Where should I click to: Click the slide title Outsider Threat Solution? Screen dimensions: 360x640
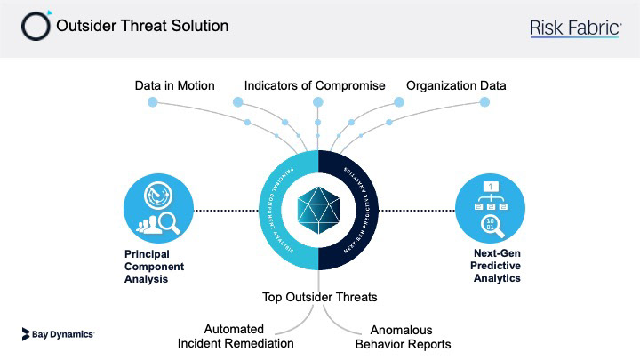(x=142, y=26)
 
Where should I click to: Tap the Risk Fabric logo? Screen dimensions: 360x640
(x=575, y=28)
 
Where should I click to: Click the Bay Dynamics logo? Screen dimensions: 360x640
(x=57, y=334)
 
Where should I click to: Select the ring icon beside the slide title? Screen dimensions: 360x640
(x=36, y=26)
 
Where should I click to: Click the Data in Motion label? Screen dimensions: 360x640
(x=175, y=85)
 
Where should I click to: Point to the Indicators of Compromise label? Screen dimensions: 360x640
(x=315, y=85)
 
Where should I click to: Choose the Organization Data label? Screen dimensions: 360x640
(x=456, y=85)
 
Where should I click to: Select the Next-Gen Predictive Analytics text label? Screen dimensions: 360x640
(x=497, y=266)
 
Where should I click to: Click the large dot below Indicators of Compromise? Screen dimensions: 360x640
(x=317, y=102)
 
